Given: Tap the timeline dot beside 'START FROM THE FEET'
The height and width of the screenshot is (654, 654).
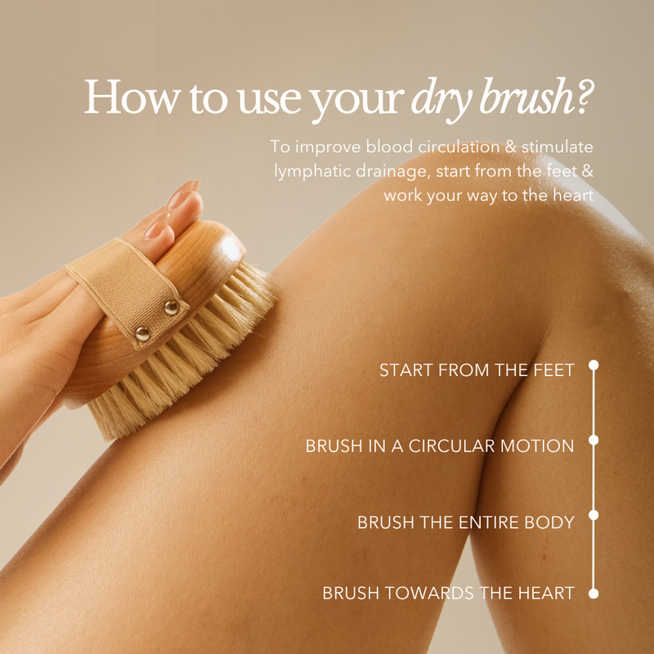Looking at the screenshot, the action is click(594, 365).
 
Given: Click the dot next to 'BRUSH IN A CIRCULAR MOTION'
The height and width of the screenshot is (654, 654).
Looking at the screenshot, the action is click(594, 440).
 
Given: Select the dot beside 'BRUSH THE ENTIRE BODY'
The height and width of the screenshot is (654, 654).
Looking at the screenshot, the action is click(594, 515).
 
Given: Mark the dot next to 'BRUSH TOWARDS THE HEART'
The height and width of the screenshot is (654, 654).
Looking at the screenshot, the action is click(594, 594).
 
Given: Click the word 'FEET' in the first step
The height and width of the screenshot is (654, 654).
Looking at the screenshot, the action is click(554, 370).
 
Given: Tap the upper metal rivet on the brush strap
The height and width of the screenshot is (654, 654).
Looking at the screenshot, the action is click(172, 307).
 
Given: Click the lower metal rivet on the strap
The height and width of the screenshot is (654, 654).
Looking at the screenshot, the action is click(142, 334).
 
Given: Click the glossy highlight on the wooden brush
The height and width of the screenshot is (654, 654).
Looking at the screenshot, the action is click(231, 249).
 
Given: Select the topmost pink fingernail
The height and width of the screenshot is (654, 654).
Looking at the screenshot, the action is click(182, 193).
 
